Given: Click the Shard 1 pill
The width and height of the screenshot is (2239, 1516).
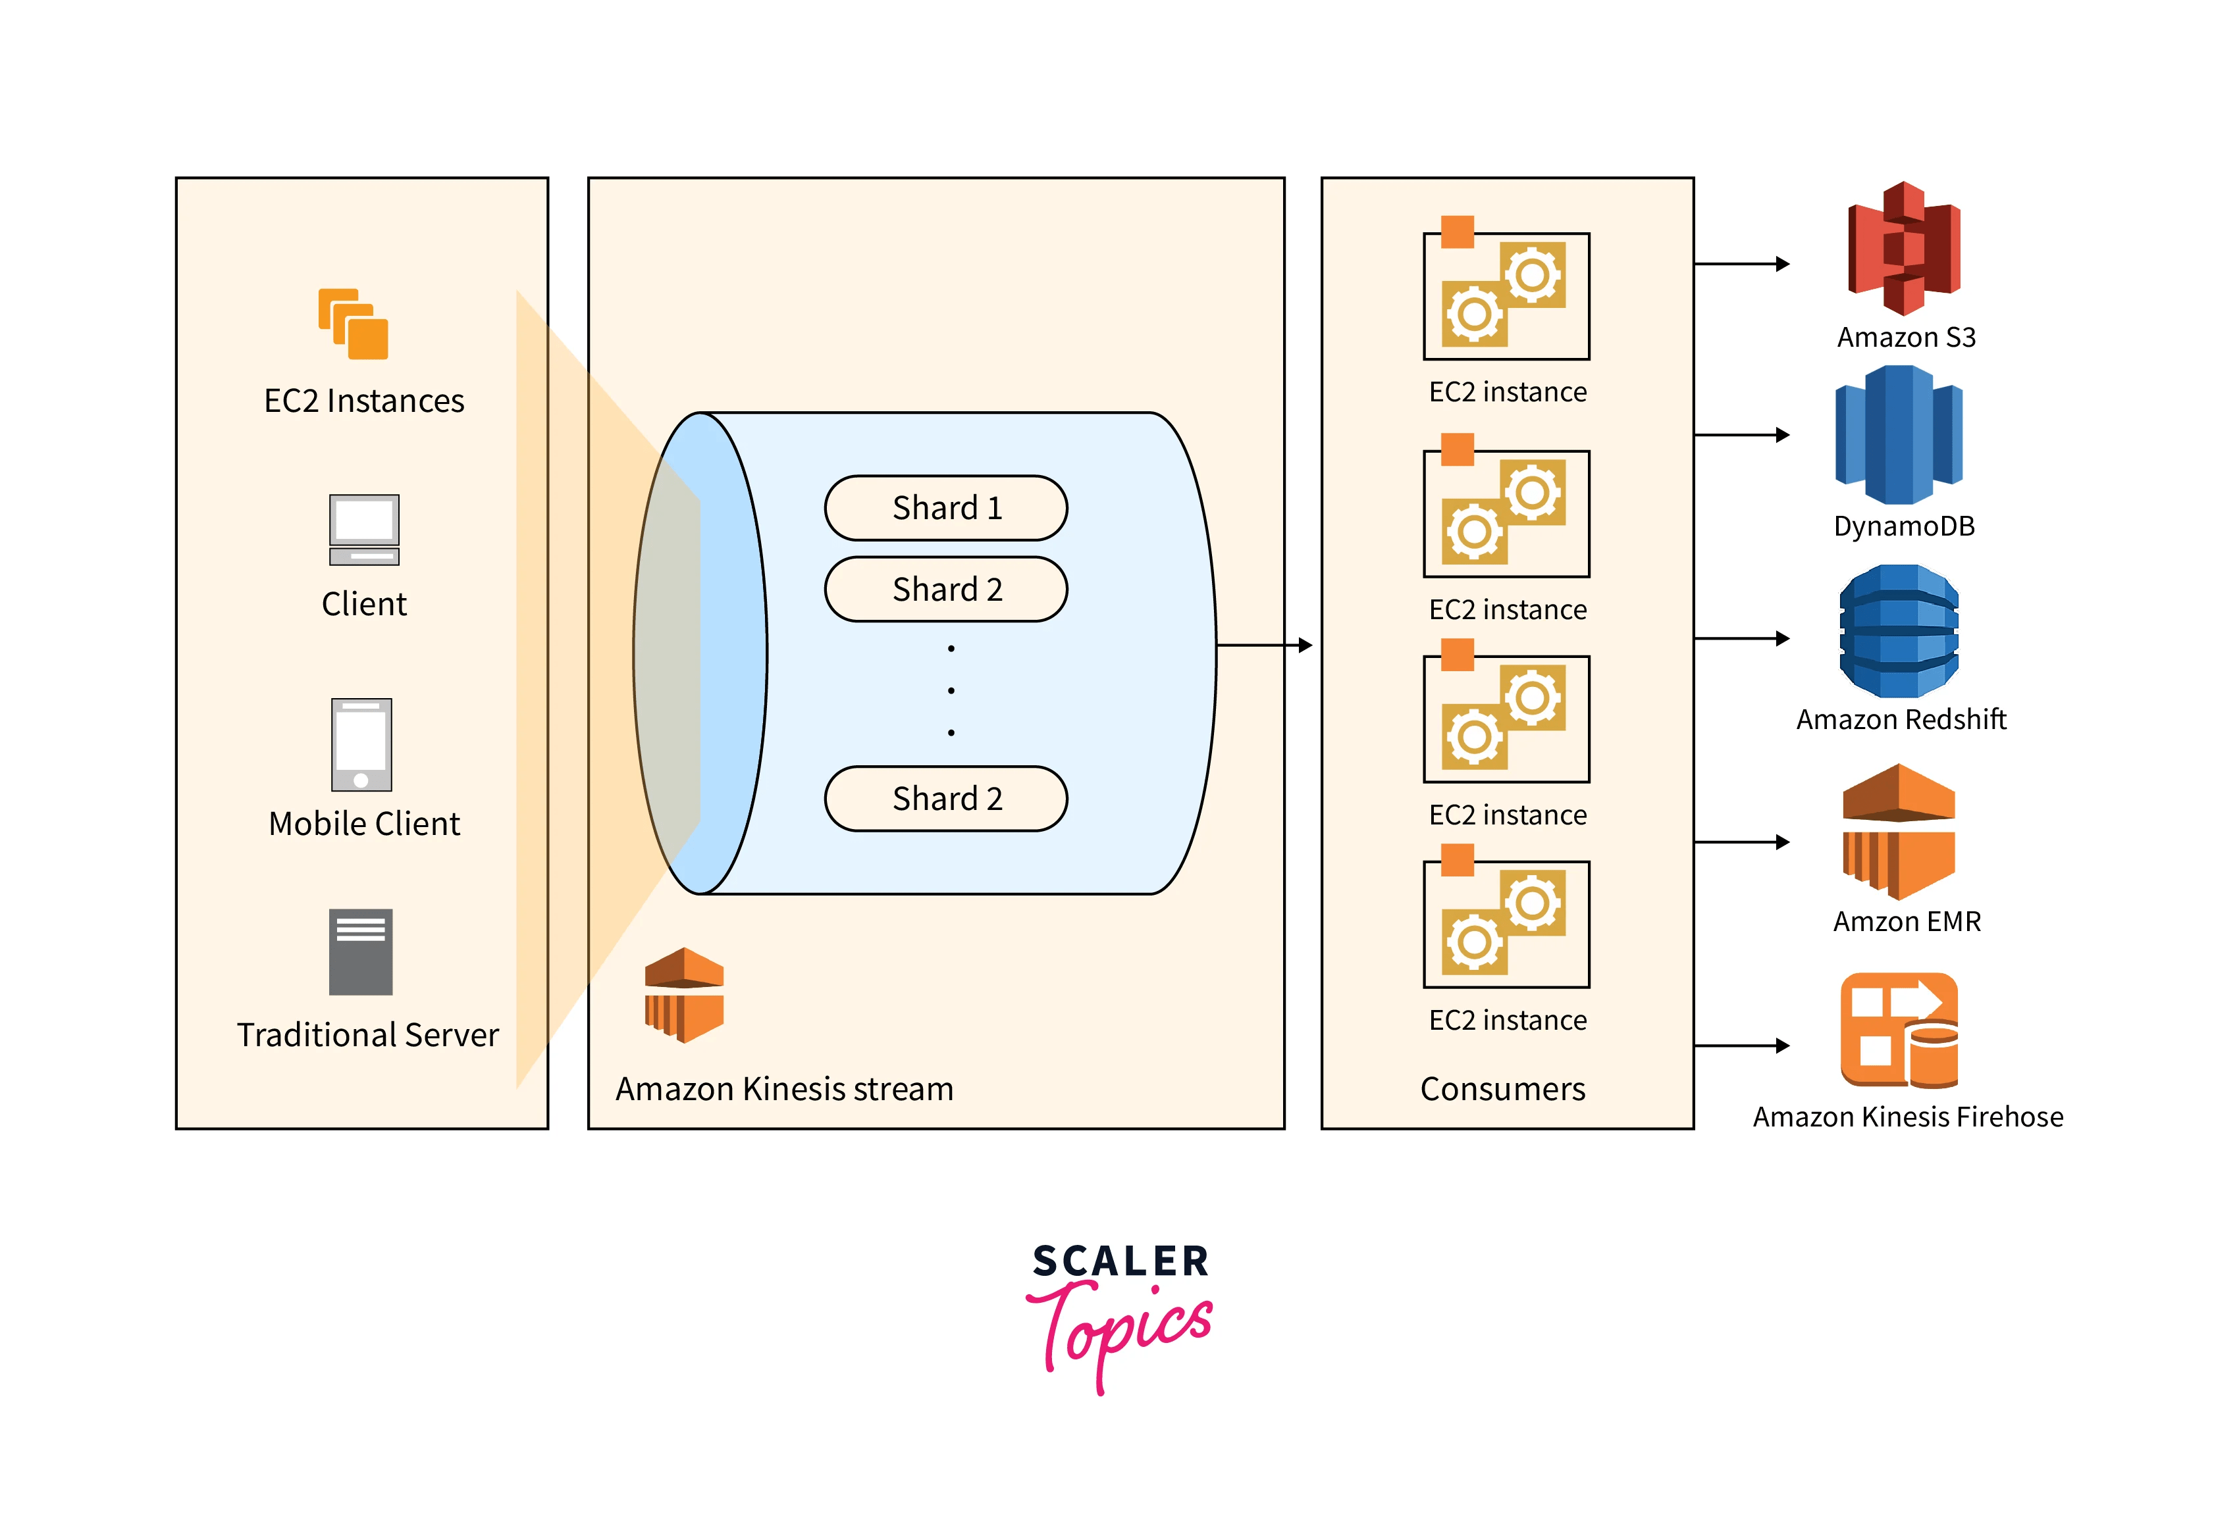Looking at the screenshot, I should (945, 507).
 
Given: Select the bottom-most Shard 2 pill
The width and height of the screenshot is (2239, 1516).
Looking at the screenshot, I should (945, 798).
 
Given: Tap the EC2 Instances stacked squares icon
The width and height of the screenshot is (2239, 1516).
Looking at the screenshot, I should (354, 324).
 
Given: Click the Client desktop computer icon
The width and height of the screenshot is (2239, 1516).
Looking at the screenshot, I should (363, 530).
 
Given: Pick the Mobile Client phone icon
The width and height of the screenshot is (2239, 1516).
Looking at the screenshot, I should (361, 745).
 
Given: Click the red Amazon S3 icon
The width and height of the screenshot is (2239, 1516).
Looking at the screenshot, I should (1904, 249).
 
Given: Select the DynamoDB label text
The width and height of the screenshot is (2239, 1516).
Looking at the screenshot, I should (1904, 526).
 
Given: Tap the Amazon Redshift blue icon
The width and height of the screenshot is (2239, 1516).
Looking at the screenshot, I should (1898, 632).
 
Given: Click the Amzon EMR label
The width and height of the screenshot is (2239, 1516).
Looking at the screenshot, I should (1907, 922).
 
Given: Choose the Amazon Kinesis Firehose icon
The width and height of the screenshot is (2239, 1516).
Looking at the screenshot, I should (1899, 1030).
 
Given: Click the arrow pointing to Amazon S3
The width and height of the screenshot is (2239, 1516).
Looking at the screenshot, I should (1742, 264).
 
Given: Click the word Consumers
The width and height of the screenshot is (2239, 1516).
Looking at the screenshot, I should (1502, 1090).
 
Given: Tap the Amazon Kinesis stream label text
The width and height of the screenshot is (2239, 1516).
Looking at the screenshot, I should (784, 1090).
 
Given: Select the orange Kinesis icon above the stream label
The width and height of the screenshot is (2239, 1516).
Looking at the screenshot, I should (683, 995).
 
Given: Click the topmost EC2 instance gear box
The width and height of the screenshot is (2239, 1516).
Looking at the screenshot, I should (1506, 295).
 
